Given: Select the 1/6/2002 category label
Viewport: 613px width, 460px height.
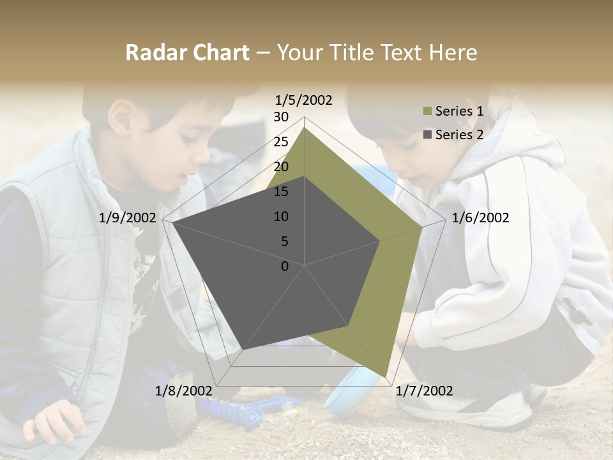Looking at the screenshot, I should [x=480, y=218].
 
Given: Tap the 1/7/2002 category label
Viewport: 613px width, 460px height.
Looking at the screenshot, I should [x=424, y=390].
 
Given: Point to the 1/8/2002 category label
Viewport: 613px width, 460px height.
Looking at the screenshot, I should [x=183, y=390].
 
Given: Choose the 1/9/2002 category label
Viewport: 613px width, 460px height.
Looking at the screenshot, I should [x=127, y=218].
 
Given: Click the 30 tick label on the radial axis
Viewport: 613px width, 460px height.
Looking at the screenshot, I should [x=281, y=117].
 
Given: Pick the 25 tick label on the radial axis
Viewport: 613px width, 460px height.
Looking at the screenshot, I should [x=281, y=142].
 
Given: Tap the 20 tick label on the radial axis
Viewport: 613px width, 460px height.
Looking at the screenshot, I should [x=281, y=167].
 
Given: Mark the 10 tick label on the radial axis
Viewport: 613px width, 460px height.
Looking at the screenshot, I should [x=281, y=217].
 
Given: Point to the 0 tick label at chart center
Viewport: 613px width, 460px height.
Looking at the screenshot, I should [x=285, y=266].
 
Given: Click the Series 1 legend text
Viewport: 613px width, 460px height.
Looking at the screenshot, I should [x=459, y=111].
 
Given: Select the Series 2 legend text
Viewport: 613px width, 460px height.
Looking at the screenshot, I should [x=459, y=134].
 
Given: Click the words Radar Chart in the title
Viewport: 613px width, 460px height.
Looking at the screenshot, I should [x=187, y=52].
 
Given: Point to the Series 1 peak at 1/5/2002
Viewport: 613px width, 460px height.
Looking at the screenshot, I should [x=305, y=128].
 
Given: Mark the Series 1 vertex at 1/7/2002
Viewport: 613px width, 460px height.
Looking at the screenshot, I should [x=386, y=376].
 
